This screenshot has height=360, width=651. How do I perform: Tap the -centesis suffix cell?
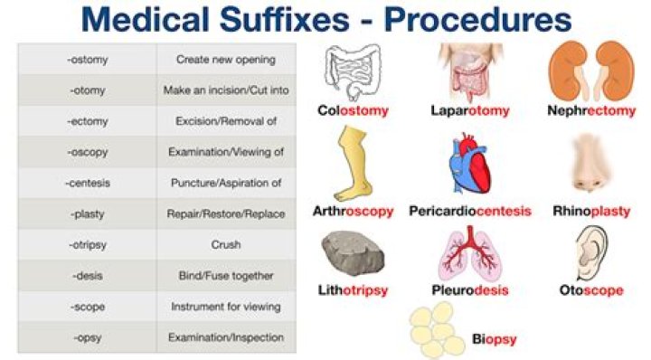pyautogui.click(x=88, y=184)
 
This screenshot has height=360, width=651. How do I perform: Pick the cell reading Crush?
pyautogui.click(x=227, y=245)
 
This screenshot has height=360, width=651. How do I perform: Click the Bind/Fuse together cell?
pyautogui.click(x=227, y=276)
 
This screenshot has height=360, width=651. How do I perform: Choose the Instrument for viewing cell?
pyautogui.click(x=227, y=307)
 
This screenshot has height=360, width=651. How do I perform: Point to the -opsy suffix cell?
pyautogui.click(x=88, y=337)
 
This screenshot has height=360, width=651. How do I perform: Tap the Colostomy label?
pyautogui.click(x=354, y=111)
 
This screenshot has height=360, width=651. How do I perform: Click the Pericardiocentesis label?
pyautogui.click(x=468, y=212)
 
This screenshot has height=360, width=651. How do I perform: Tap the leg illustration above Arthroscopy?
pyautogui.click(x=352, y=163)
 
